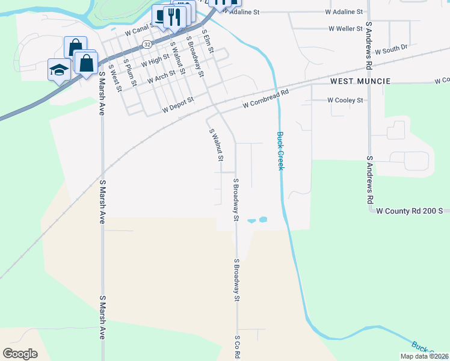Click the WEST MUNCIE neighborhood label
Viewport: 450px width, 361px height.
click(360, 81)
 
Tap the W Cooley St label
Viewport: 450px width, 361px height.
click(345, 100)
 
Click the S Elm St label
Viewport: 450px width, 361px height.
click(209, 42)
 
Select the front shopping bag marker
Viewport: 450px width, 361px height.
click(87, 63)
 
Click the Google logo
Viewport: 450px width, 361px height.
click(20, 354)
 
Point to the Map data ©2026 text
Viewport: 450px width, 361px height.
click(424, 356)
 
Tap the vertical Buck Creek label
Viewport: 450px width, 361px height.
click(280, 150)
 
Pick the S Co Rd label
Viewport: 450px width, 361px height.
click(238, 348)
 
